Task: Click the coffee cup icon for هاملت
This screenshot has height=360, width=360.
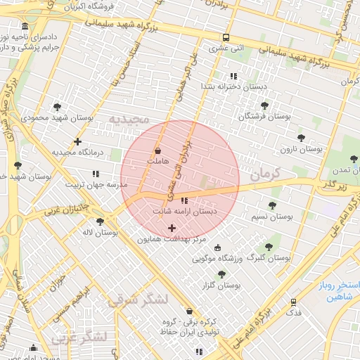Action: click(157, 150)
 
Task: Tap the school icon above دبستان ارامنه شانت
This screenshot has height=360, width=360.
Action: click(185, 200)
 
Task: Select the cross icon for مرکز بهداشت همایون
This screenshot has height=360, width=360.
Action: click(172, 228)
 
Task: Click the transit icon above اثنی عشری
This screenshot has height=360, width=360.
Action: click(226, 38)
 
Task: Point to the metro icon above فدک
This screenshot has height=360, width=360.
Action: click(294, 301)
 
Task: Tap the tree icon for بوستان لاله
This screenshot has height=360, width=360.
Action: click(101, 221)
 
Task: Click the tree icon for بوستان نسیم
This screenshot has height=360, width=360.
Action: click(272, 205)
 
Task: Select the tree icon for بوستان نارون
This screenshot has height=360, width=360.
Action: click(301, 138)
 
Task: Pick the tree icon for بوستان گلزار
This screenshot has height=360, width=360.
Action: click(221, 274)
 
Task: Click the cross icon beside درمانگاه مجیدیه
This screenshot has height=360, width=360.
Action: click(78, 141)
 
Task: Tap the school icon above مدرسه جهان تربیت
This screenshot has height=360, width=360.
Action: click(96, 174)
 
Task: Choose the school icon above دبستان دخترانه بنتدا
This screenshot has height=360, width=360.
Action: click(233, 76)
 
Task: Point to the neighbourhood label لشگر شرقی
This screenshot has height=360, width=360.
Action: click(138, 300)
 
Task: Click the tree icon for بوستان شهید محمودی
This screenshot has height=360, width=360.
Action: click(58, 106)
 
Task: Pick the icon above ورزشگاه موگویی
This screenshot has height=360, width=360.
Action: click(217, 247)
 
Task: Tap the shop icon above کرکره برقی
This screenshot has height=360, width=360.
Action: click(188, 311)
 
